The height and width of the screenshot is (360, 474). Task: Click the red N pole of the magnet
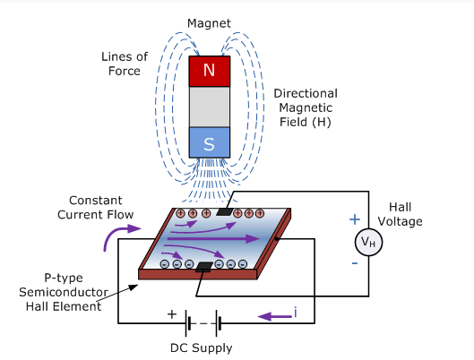[x=210, y=72]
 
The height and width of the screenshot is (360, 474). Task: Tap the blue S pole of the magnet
[x=210, y=142]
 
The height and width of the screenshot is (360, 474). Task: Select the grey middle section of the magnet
[x=210, y=107]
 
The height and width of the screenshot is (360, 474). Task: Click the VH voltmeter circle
[x=368, y=242]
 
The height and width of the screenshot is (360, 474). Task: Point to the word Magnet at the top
[x=209, y=23]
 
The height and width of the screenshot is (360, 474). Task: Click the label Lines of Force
[x=125, y=64]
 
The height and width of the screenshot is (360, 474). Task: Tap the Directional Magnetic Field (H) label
[x=306, y=107]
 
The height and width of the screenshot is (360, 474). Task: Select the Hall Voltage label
[x=400, y=214]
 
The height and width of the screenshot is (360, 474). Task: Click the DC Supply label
[x=202, y=348]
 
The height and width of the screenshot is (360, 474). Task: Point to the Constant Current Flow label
[x=96, y=207]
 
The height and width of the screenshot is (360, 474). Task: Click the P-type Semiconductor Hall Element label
[x=64, y=292]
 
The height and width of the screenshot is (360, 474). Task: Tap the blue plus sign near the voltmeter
[x=355, y=219]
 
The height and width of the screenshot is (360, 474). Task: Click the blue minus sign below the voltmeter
[x=355, y=263]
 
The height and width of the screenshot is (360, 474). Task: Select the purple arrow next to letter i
[x=274, y=317]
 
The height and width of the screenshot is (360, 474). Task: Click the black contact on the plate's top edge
[x=225, y=211]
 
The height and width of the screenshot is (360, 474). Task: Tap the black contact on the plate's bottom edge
[x=204, y=266]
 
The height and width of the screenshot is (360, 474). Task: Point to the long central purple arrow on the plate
[x=213, y=238]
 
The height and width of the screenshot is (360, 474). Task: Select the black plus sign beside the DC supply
[x=172, y=314]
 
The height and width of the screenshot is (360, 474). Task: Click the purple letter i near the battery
[x=295, y=313]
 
